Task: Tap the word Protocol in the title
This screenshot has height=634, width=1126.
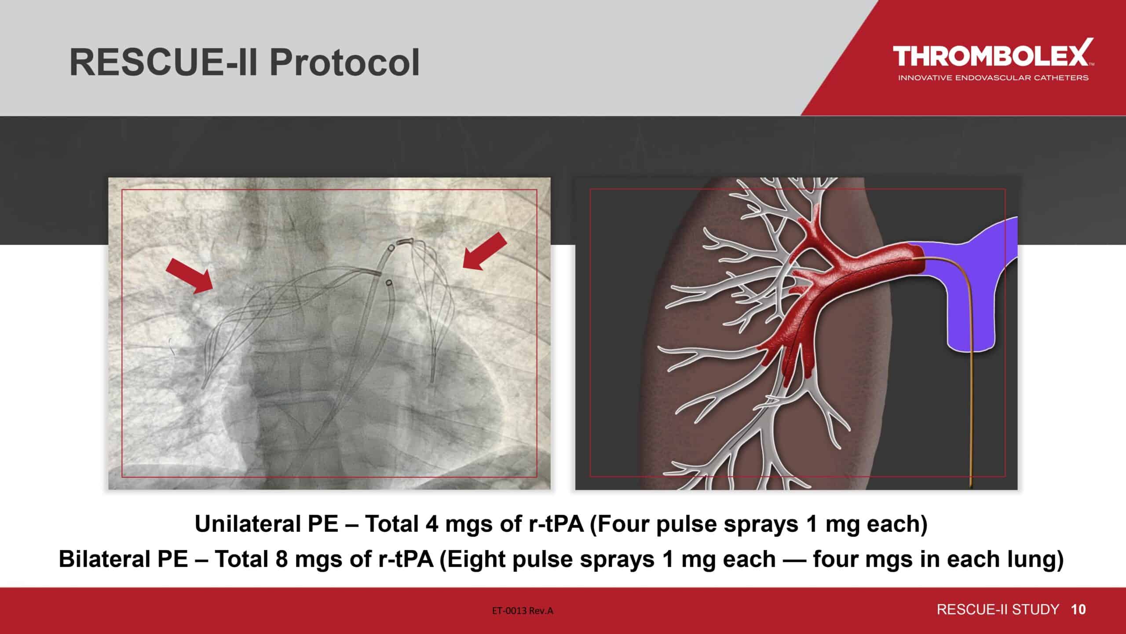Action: (345, 63)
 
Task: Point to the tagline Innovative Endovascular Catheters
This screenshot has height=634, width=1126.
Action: (993, 78)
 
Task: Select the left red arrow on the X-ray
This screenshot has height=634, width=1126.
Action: (190, 275)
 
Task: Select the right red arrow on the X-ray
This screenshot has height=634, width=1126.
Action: (485, 251)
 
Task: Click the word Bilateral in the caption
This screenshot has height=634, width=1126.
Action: (123, 559)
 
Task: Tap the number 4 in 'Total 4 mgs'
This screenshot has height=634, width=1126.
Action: (431, 524)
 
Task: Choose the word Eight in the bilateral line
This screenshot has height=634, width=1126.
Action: (474, 560)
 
